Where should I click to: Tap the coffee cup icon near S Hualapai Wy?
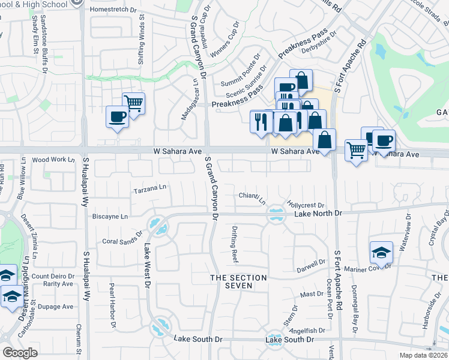[116, 116]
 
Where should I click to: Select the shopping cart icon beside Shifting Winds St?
[133, 103]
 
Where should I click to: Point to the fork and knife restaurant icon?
[261, 121]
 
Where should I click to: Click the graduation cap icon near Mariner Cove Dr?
[381, 253]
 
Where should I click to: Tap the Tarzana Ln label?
[149, 188]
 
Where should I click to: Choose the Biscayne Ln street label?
[110, 216]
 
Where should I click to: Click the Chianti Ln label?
[252, 196]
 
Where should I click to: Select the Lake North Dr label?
[317, 213]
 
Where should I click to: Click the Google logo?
[20, 353]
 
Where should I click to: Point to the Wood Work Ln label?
[53, 160]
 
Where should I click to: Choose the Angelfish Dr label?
[307, 330]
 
